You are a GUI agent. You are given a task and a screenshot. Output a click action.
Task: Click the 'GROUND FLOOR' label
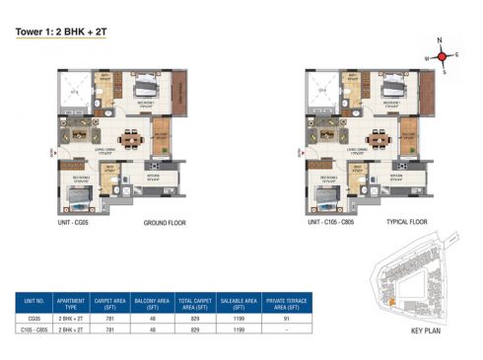[165, 223]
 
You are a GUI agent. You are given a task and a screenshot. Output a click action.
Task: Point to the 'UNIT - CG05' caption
[81, 223]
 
